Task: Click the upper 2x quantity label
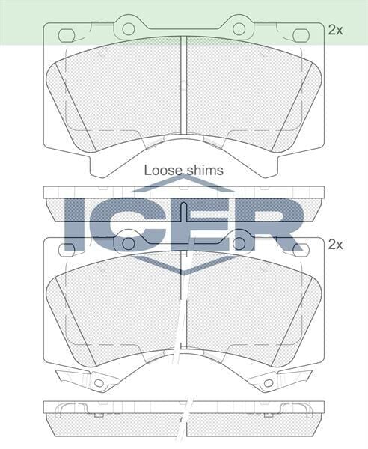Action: (335, 31)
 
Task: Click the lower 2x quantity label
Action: (335, 244)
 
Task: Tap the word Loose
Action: (161, 171)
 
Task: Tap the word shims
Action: (203, 171)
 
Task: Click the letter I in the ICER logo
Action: (76, 224)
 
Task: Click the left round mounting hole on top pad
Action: (129, 29)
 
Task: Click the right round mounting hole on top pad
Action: (239, 29)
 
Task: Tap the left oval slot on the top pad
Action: (67, 35)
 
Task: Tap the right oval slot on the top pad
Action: (301, 35)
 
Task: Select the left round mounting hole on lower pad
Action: (129, 243)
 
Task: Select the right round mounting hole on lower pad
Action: (239, 243)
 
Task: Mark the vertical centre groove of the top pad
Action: (184, 90)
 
